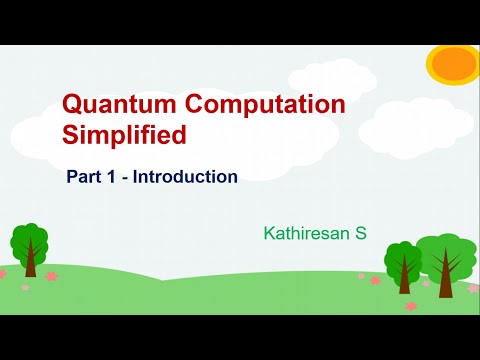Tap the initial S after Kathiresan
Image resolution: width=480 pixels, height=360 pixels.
(362, 234)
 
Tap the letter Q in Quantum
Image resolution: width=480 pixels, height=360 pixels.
(72, 105)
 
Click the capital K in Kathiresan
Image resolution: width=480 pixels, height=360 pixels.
(268, 234)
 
